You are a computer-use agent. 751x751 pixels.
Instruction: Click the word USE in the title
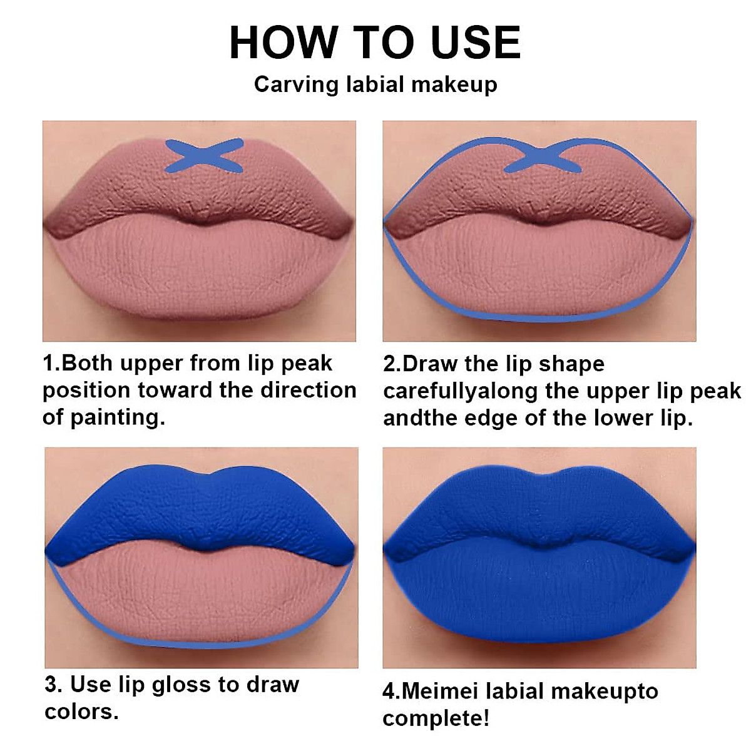point(476,43)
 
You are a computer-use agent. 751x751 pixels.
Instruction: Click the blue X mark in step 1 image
point(203,155)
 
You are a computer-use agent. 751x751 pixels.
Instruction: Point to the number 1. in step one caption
point(51,363)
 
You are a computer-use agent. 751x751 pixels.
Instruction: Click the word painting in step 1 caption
point(118,417)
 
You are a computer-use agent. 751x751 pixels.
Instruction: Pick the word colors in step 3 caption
point(81,712)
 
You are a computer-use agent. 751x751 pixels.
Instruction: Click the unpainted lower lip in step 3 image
point(200,595)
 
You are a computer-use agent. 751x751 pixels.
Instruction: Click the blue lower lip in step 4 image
point(538,601)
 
